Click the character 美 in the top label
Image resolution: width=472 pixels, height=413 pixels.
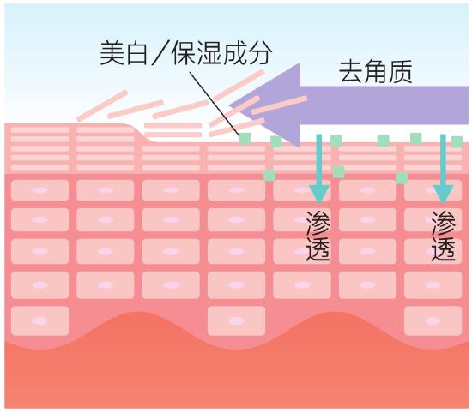(x=112, y=53)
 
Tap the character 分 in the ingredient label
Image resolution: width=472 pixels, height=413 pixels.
(x=260, y=53)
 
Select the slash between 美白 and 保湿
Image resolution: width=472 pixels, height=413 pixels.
(x=162, y=53)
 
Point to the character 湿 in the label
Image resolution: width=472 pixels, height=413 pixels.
(x=209, y=53)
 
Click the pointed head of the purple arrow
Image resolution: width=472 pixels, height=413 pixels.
(x=229, y=105)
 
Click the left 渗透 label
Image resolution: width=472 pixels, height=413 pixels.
(x=318, y=236)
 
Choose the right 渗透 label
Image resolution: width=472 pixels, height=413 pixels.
(x=443, y=236)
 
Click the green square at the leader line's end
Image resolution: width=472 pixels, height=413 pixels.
(x=245, y=139)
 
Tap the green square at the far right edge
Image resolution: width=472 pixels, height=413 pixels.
(x=457, y=141)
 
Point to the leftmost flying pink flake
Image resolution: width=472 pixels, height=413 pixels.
(x=102, y=105)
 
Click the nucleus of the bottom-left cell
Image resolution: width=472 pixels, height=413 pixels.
(x=39, y=320)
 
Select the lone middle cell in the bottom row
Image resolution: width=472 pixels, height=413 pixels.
(x=237, y=320)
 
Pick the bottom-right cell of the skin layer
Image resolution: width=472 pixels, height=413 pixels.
(x=433, y=320)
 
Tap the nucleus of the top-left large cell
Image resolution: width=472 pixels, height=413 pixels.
(x=39, y=190)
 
